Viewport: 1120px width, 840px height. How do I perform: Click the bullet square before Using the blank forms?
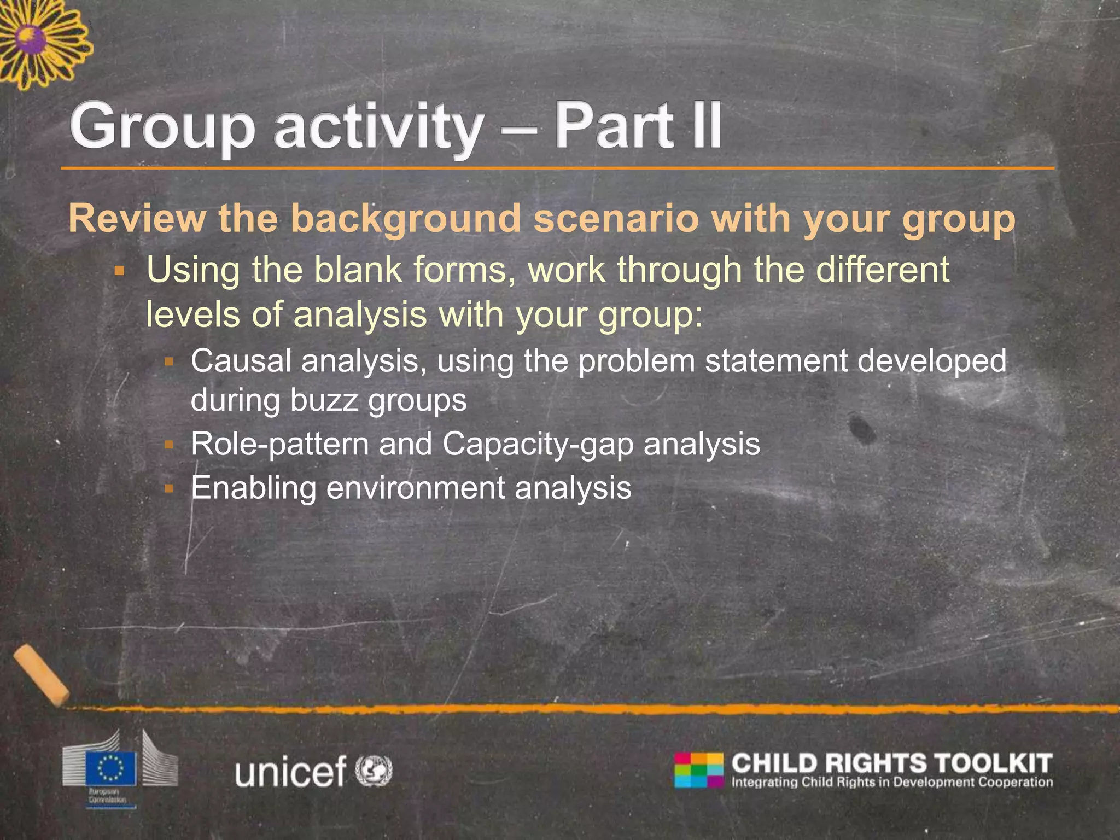[120, 271]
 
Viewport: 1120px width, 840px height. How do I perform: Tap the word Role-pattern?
[279, 444]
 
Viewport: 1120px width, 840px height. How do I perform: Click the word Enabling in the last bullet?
[253, 487]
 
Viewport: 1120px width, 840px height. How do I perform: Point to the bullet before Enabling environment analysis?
[168, 487]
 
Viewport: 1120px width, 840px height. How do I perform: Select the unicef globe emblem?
[374, 770]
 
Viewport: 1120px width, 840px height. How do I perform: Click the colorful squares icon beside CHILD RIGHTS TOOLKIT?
[698, 770]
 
